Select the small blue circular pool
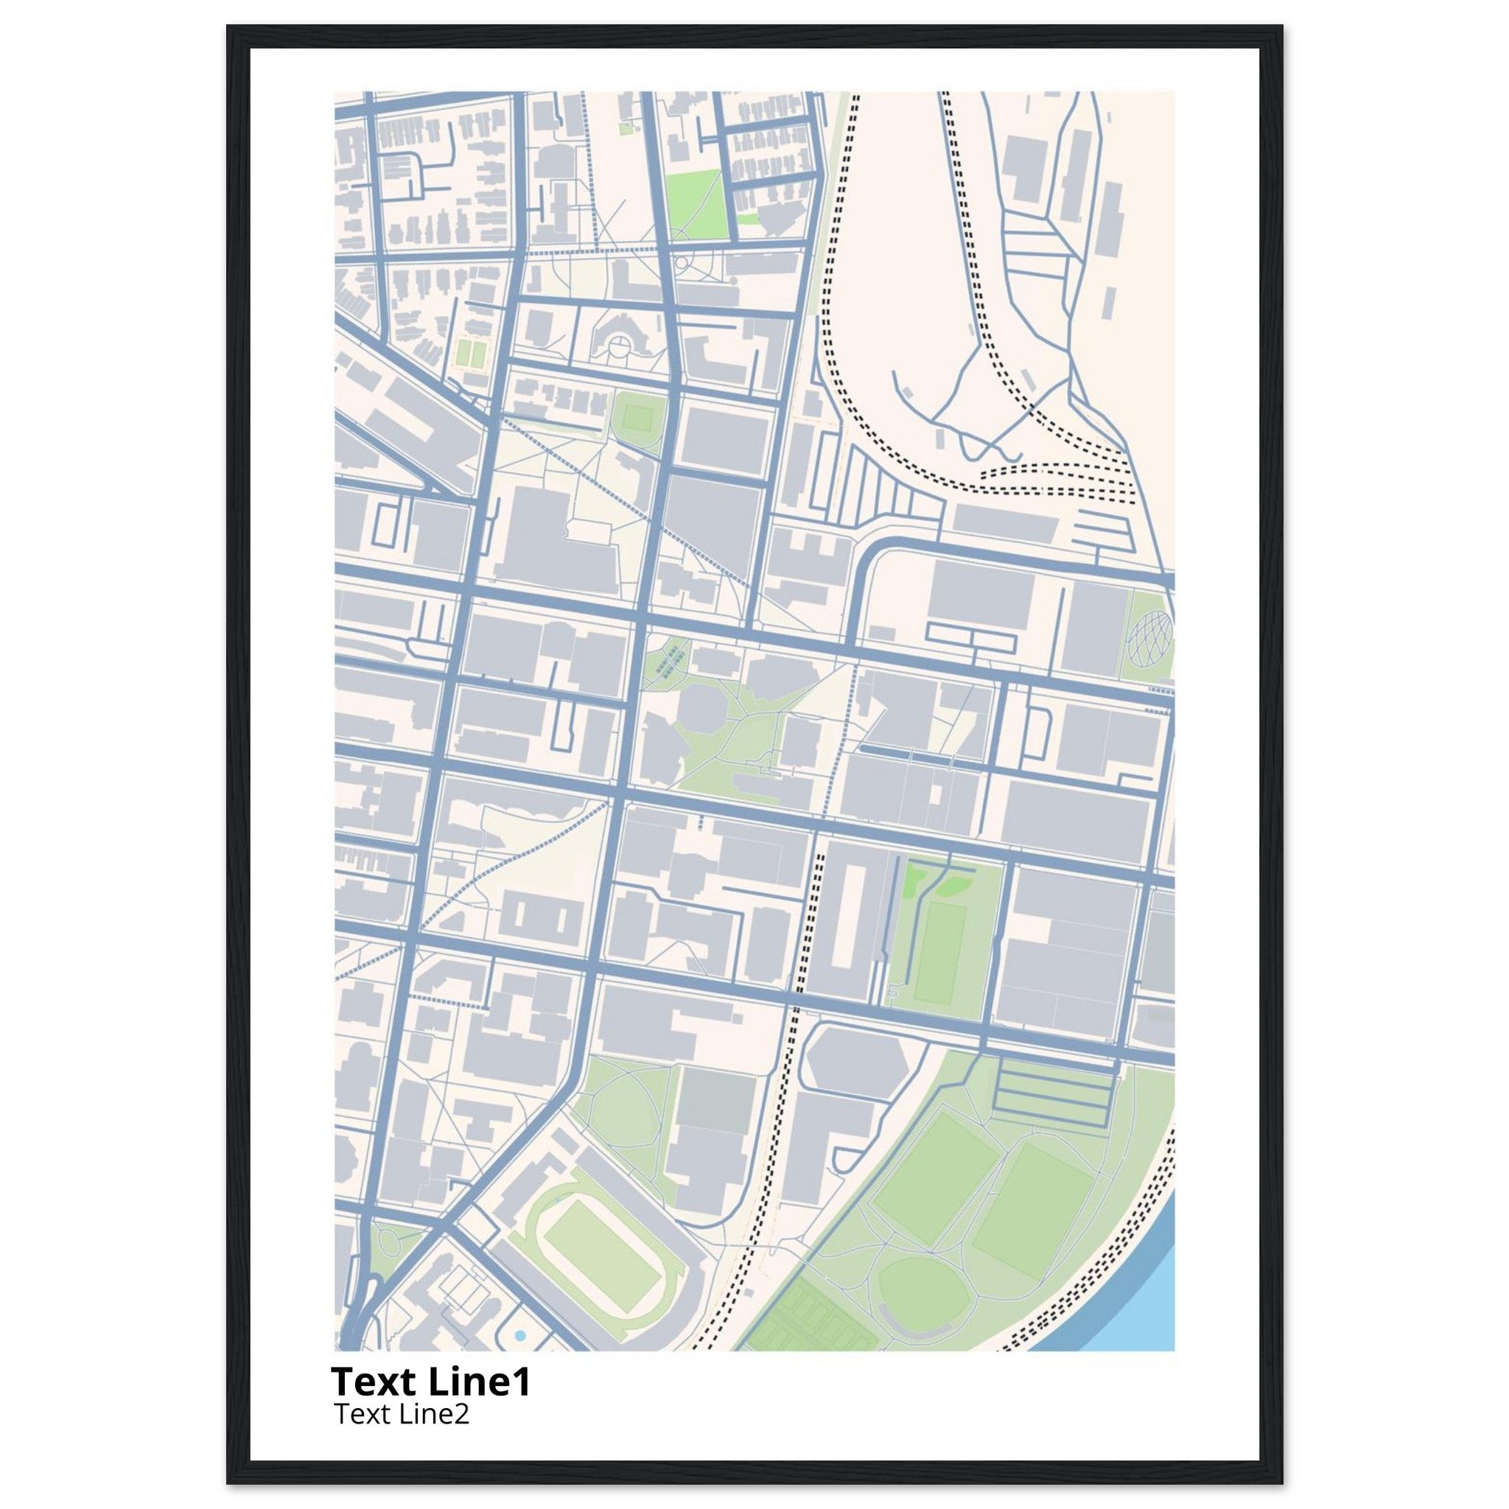pyautogui.click(x=519, y=1337)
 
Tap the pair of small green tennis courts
pyautogui.click(x=470, y=352)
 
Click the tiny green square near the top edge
pyautogui.click(x=625, y=127)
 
